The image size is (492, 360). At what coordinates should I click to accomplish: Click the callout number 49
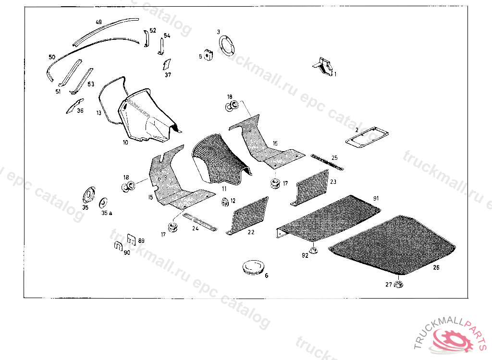click(x=98, y=22)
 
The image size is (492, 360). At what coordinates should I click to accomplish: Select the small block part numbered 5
click(x=209, y=55)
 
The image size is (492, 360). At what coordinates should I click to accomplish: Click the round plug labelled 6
click(x=252, y=267)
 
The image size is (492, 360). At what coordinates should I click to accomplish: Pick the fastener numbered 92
click(x=313, y=250)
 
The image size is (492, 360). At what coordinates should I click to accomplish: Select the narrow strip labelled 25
click(x=327, y=161)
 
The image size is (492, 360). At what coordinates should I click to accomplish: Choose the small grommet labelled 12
click(x=224, y=202)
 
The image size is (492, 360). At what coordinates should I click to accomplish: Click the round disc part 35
click(x=89, y=196)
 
